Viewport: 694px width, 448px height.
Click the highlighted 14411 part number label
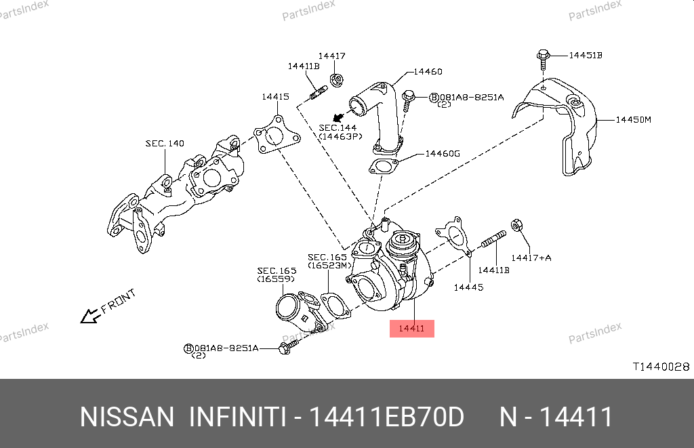(411, 329)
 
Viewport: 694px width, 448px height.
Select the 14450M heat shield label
(633, 120)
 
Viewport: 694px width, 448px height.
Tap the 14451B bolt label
(585, 55)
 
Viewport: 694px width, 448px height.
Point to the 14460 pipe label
(428, 71)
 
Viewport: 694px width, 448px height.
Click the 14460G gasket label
(443, 153)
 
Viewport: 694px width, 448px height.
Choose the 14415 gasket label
(276, 97)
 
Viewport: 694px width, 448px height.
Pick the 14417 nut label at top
(332, 56)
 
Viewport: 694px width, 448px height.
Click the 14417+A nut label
(531, 258)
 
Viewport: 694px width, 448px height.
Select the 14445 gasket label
(468, 287)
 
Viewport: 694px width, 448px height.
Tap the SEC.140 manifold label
(165, 144)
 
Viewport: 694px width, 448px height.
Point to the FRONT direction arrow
(89, 315)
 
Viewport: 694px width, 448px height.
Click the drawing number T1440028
(661, 367)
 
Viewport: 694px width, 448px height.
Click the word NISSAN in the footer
(127, 417)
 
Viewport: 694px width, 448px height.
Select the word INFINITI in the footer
(237, 417)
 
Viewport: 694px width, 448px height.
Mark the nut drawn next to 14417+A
(516, 224)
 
